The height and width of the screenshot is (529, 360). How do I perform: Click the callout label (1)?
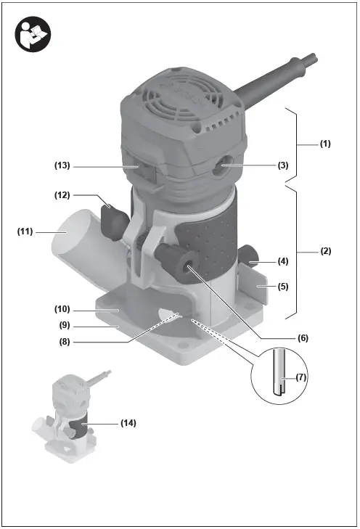coord(325,144)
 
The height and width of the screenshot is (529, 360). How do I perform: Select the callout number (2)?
coord(326,251)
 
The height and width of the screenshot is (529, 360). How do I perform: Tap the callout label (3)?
coord(283,165)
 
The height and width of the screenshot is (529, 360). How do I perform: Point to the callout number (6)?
coord(303,337)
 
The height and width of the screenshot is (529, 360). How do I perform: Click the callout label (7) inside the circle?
coord(301,377)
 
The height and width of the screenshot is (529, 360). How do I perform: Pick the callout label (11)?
coord(25,231)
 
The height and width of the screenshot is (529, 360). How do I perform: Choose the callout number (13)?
coord(62,165)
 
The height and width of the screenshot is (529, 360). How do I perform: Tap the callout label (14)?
coord(128,423)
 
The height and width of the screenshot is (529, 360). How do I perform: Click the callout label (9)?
coord(65,326)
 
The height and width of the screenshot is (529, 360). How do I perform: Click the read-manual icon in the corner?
coord(33,34)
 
